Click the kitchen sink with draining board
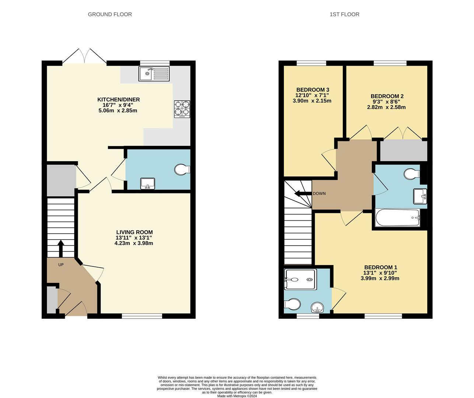point(154,74)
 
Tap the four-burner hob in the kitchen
point(182,109)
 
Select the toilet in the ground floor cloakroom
point(182,170)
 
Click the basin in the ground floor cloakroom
point(148,184)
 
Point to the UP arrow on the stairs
point(61,248)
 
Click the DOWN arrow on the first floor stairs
point(302,193)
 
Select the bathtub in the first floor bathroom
point(397,218)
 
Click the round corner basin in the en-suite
point(317,307)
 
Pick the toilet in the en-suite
point(292,305)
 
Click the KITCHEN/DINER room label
point(118,99)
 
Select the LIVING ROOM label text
point(134,232)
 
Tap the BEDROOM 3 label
point(313,90)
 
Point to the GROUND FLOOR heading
point(110,14)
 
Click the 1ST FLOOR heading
point(344,14)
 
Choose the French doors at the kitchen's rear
point(85,56)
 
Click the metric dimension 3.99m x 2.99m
point(380,279)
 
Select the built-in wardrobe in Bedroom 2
point(403,150)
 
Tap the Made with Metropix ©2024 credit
point(237,396)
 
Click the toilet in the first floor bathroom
point(411,174)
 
